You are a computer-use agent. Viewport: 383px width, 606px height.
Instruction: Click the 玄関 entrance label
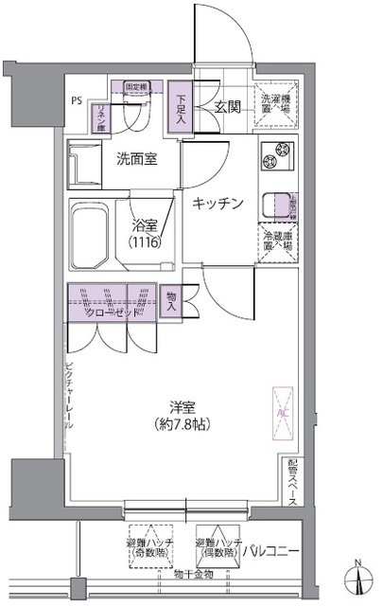point(225,107)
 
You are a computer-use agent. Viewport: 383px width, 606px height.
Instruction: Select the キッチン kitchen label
point(218,203)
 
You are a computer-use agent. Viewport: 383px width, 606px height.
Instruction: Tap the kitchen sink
point(276,202)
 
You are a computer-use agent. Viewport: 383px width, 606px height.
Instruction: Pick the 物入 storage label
point(171,302)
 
